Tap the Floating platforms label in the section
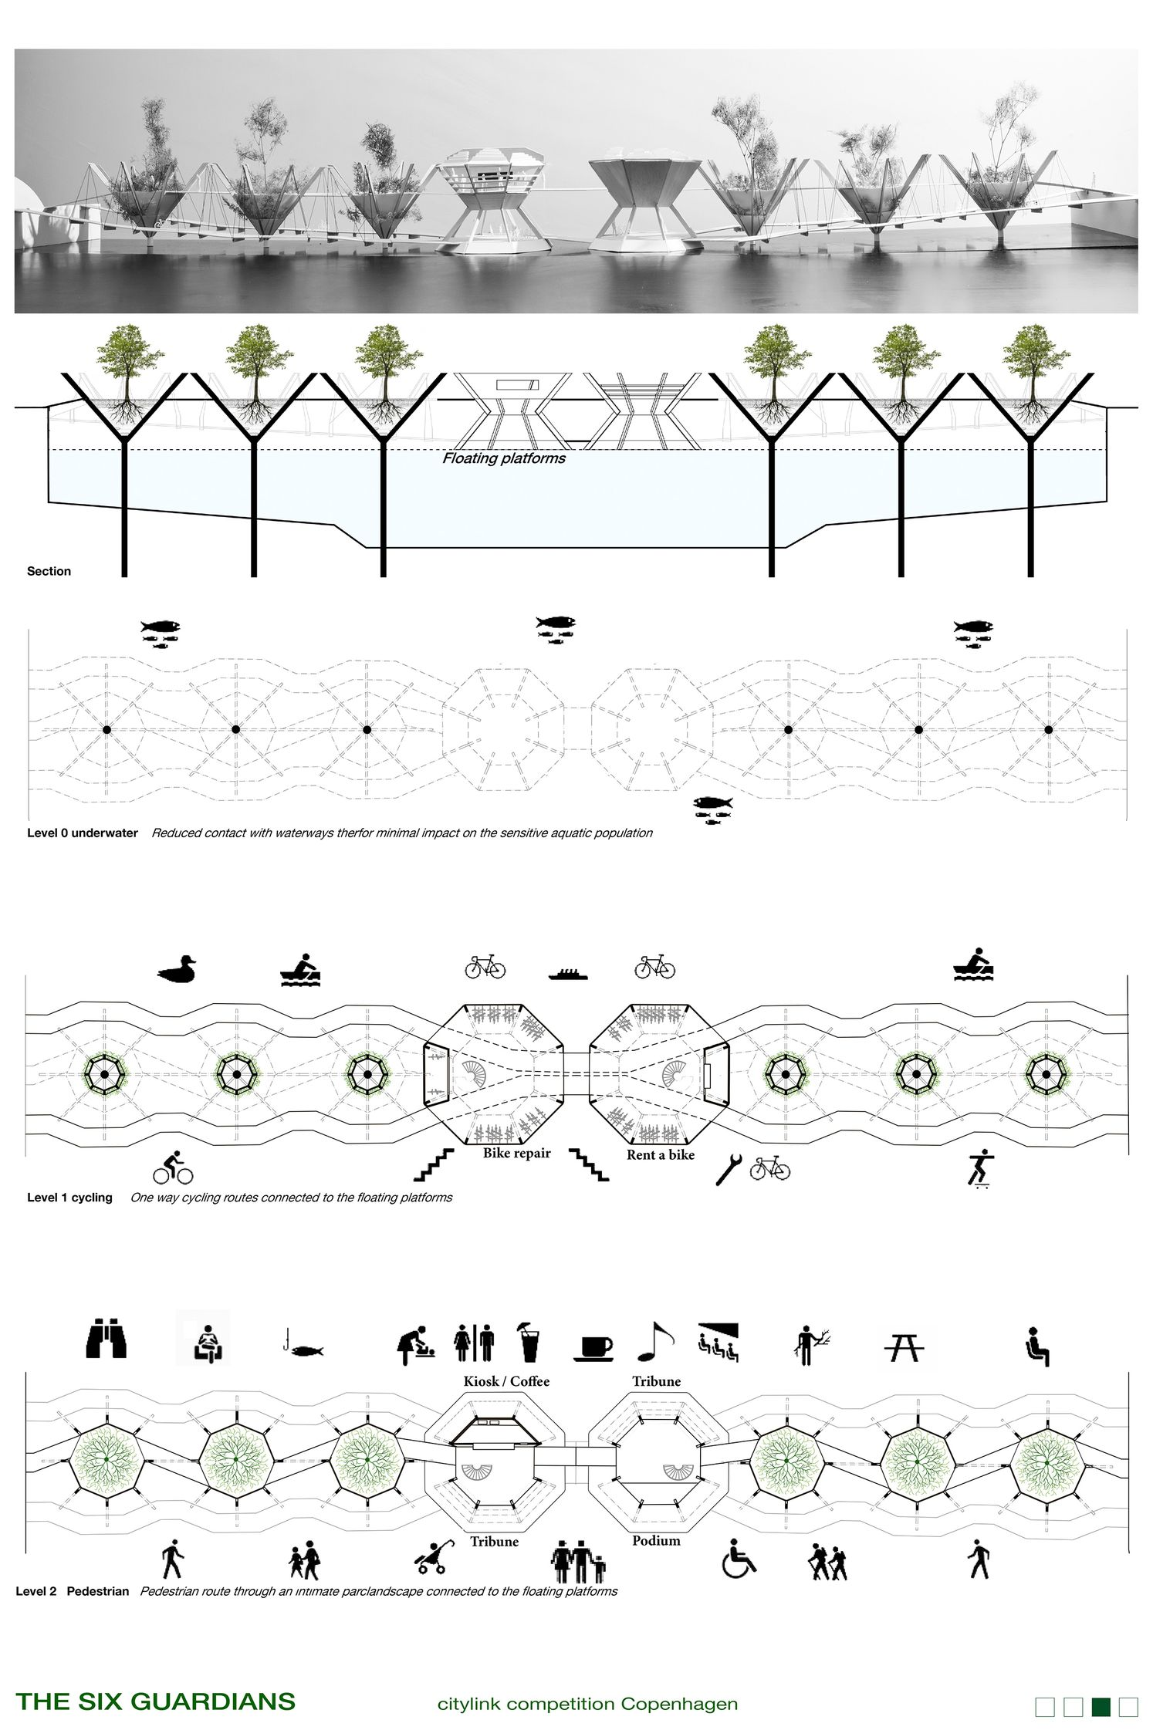503,458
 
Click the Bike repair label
516,1154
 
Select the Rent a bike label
660,1155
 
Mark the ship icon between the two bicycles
570,974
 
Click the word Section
49,571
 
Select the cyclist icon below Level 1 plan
172,1168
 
